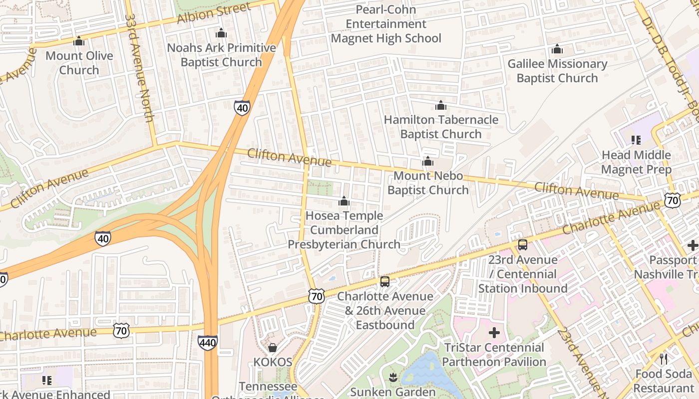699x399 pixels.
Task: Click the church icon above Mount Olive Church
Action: [x=79, y=41]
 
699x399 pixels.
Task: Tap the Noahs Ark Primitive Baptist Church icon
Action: [x=221, y=34]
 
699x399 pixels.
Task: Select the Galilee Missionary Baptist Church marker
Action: [x=557, y=49]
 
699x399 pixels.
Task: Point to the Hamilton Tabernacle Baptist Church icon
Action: [x=441, y=106]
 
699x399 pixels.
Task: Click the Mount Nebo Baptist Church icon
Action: [x=428, y=162]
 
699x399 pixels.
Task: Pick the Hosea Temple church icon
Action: [x=344, y=201]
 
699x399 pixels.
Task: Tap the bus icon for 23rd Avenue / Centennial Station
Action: [x=523, y=245]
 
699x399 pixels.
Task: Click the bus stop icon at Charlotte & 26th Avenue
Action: [x=385, y=282]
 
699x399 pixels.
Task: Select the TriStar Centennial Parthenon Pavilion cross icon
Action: [x=494, y=333]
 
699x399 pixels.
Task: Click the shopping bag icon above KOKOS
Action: [x=273, y=347]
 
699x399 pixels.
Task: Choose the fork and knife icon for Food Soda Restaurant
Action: [x=664, y=359]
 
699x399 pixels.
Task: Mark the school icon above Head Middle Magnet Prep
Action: [x=636, y=140]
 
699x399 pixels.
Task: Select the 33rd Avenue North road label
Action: [x=138, y=68]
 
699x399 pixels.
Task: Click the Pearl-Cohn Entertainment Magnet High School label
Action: [x=386, y=24]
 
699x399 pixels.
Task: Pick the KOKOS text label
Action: [x=273, y=362]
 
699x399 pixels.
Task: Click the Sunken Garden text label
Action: [x=393, y=392]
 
